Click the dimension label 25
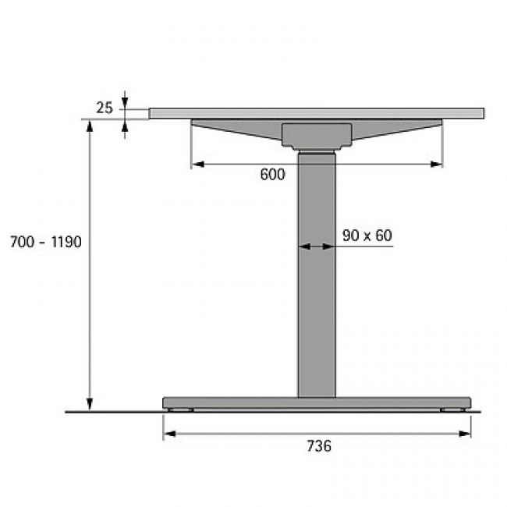[104, 108]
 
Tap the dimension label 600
[272, 175]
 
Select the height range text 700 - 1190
[45, 242]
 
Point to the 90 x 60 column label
[367, 236]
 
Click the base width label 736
[319, 446]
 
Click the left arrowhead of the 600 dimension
[198, 165]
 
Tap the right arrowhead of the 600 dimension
[436, 165]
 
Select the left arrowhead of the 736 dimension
[169, 434]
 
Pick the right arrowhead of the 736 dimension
[465, 434]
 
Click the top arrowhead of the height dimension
[90, 126]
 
